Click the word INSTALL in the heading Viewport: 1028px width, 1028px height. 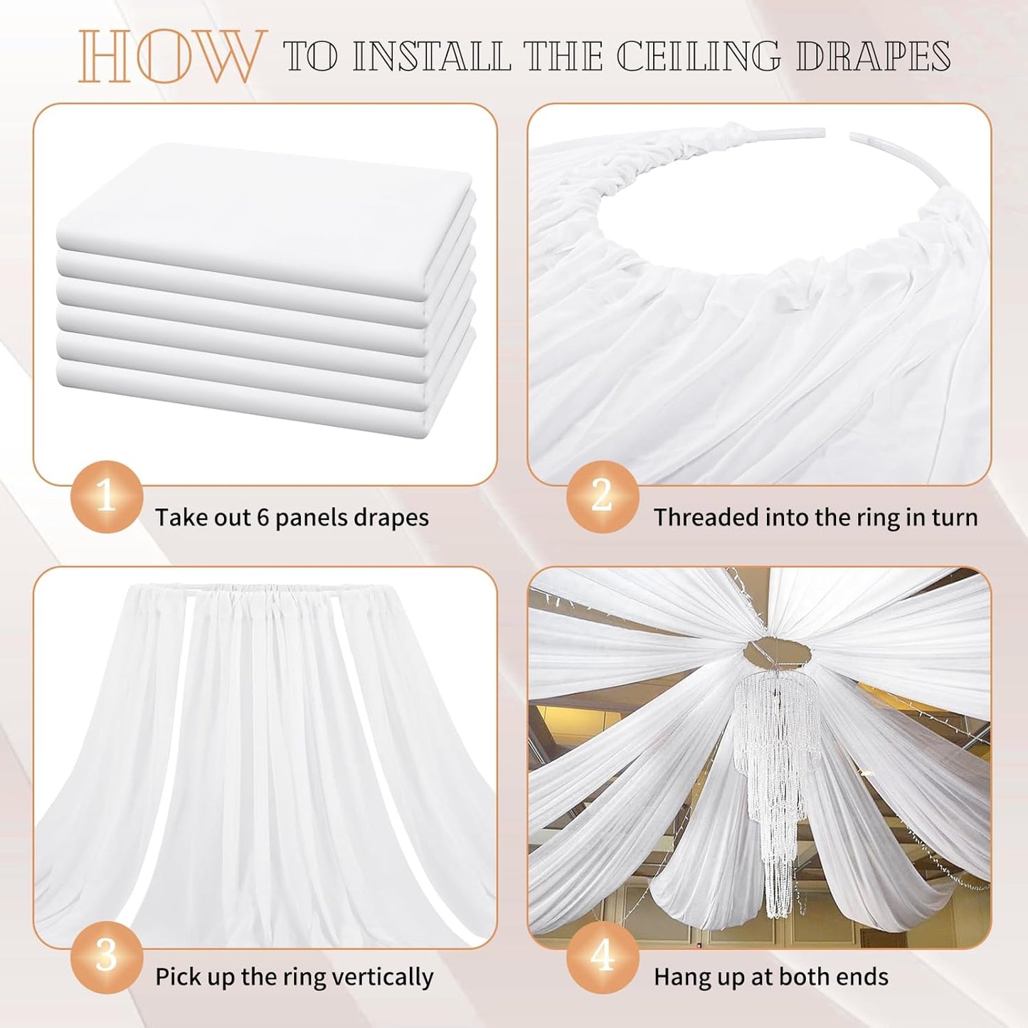432,57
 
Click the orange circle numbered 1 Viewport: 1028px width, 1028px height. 106,497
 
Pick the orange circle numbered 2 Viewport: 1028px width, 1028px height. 602,497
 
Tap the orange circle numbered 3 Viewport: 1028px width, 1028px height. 106,956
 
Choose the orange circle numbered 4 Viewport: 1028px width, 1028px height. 602,956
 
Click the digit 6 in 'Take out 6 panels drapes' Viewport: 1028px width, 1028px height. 263,518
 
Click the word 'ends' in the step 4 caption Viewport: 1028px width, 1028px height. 864,977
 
